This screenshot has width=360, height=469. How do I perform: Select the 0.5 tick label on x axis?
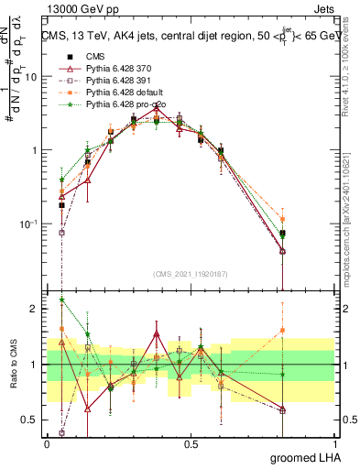[191, 443]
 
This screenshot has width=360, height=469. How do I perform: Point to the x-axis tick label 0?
[47, 443]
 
